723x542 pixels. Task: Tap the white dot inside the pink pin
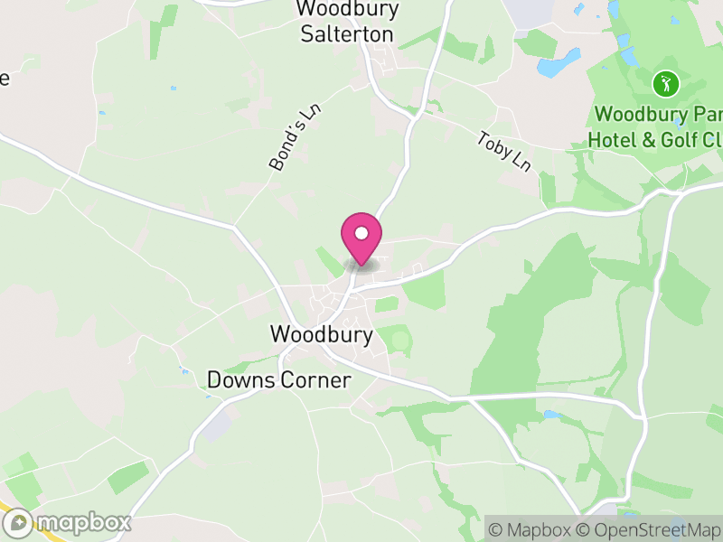361,234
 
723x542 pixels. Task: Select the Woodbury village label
321,334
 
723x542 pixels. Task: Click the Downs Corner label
278,380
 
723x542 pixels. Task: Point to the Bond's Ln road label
296,137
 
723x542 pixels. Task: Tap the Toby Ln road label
504,151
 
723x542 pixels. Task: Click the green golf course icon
666,85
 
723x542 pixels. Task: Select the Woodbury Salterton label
347,21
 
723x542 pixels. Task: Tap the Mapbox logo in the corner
69,522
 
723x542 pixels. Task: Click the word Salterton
347,34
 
